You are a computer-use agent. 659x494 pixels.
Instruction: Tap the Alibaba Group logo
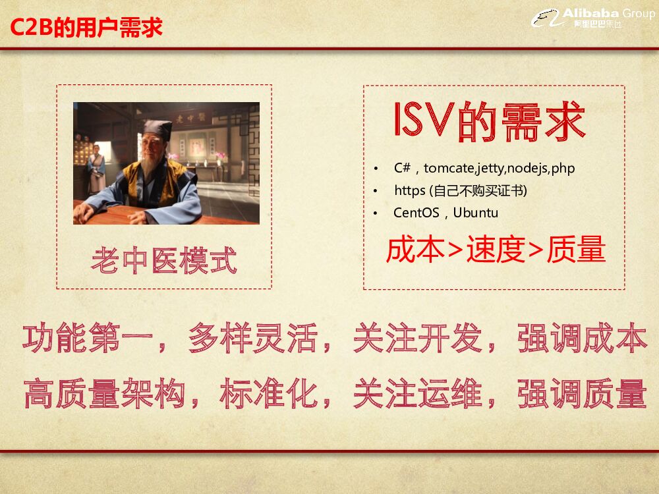(593, 18)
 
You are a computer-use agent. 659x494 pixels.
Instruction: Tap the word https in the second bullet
(410, 190)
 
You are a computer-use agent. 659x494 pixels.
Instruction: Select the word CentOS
(416, 213)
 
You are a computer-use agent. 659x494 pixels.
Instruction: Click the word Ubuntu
(476, 213)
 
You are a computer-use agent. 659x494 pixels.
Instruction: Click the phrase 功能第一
(88, 339)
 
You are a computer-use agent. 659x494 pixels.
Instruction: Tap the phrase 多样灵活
(253, 339)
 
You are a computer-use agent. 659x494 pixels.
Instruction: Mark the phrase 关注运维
(418, 395)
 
